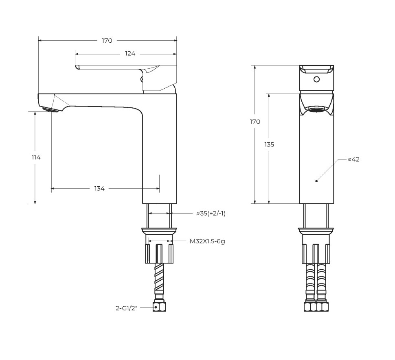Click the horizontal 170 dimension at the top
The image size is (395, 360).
(x=107, y=40)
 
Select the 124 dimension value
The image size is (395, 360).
(x=130, y=54)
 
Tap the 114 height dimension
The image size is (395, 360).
(x=36, y=157)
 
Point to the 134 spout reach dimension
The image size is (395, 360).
(x=99, y=189)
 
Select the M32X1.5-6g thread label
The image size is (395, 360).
(x=207, y=241)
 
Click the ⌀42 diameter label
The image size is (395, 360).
(x=353, y=159)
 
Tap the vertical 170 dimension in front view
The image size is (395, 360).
(x=255, y=122)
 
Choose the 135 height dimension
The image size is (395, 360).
(x=269, y=144)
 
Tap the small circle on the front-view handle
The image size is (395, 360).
(x=316, y=79)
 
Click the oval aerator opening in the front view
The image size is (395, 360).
(x=316, y=109)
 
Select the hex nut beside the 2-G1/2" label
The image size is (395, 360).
(x=159, y=307)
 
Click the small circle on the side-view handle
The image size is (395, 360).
(x=142, y=79)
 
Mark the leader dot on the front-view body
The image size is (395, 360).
(x=316, y=180)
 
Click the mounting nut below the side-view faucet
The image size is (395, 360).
(x=159, y=253)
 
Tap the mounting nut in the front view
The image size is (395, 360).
(x=316, y=253)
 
